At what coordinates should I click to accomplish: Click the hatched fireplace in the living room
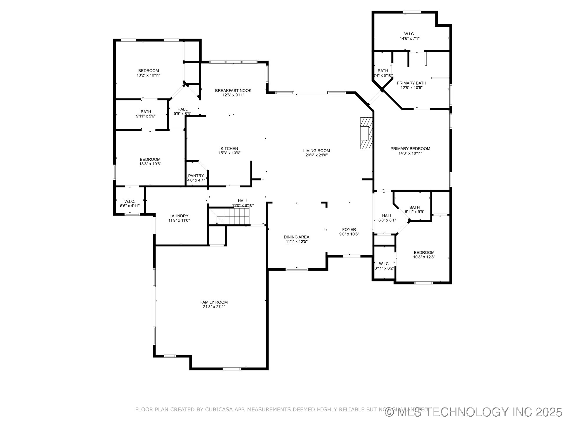[366, 133]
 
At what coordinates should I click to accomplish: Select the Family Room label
[214, 302]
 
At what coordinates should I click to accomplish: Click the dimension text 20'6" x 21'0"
[316, 155]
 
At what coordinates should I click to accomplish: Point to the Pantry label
[196, 176]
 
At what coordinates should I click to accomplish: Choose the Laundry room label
[179, 216]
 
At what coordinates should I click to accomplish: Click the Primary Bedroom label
[410, 149]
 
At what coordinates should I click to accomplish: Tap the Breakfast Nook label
[233, 90]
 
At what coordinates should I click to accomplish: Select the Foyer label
[349, 229]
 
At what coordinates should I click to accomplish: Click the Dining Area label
[296, 237]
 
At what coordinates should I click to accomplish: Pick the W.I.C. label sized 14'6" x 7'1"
[409, 34]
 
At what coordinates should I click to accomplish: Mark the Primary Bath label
[411, 83]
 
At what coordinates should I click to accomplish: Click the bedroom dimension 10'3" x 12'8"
[424, 257]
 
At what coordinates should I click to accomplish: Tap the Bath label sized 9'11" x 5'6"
[146, 112]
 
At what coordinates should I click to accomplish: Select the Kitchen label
[229, 148]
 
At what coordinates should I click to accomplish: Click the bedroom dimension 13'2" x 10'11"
[149, 75]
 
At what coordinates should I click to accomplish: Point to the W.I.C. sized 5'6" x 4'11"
[130, 201]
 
